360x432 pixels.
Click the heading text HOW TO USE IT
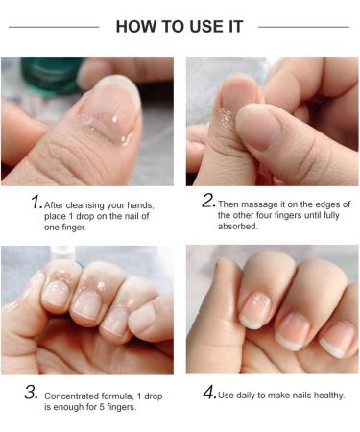(180, 26)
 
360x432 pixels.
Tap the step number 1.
(36, 203)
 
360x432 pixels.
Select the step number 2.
(207, 202)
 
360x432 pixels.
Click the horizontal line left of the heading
(54, 26)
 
